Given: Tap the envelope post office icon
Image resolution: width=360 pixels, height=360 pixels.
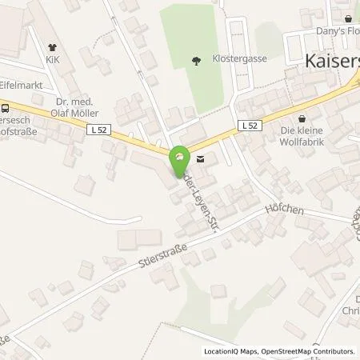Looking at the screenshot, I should coord(199,158).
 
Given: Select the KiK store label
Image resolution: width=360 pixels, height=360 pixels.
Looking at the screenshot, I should coord(53,59).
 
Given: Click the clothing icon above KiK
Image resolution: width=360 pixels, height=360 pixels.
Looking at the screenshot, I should coord(53,47).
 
